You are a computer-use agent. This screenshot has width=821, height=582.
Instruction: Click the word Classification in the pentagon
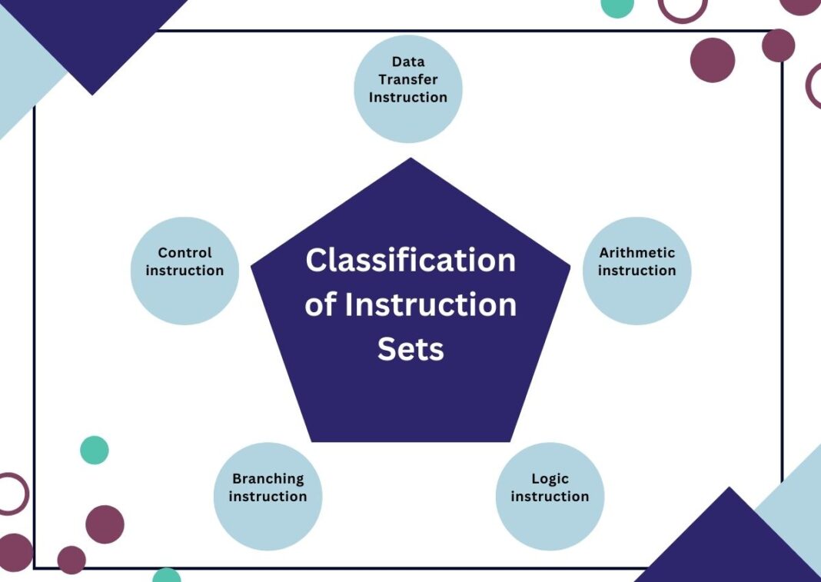coord(410,261)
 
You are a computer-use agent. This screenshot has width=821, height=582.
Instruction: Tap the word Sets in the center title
coord(410,350)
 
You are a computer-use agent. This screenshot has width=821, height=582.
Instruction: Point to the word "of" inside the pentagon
coord(321,305)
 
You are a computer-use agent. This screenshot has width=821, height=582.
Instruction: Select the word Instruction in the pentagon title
coord(430,305)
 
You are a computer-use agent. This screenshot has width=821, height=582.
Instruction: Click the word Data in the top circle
coord(408,62)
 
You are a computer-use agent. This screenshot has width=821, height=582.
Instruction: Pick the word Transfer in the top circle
coord(408,79)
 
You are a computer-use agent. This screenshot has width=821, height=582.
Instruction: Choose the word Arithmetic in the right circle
coord(637,252)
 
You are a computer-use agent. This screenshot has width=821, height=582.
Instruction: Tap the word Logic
coord(550,479)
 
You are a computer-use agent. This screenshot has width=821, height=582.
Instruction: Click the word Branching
coord(268,478)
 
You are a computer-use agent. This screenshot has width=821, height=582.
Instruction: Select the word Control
coord(184,252)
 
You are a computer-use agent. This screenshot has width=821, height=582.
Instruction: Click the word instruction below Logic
coord(550,497)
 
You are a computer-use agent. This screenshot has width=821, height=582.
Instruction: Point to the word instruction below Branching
coord(268,497)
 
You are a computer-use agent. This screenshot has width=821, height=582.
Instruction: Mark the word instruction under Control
coord(184,271)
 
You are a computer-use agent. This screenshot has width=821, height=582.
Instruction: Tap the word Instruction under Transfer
coord(408,98)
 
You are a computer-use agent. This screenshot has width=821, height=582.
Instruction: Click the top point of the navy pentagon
coord(411,161)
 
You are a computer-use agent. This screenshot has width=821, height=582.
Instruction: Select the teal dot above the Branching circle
coord(95,450)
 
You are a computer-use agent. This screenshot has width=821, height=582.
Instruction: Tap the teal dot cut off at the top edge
coord(617,6)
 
